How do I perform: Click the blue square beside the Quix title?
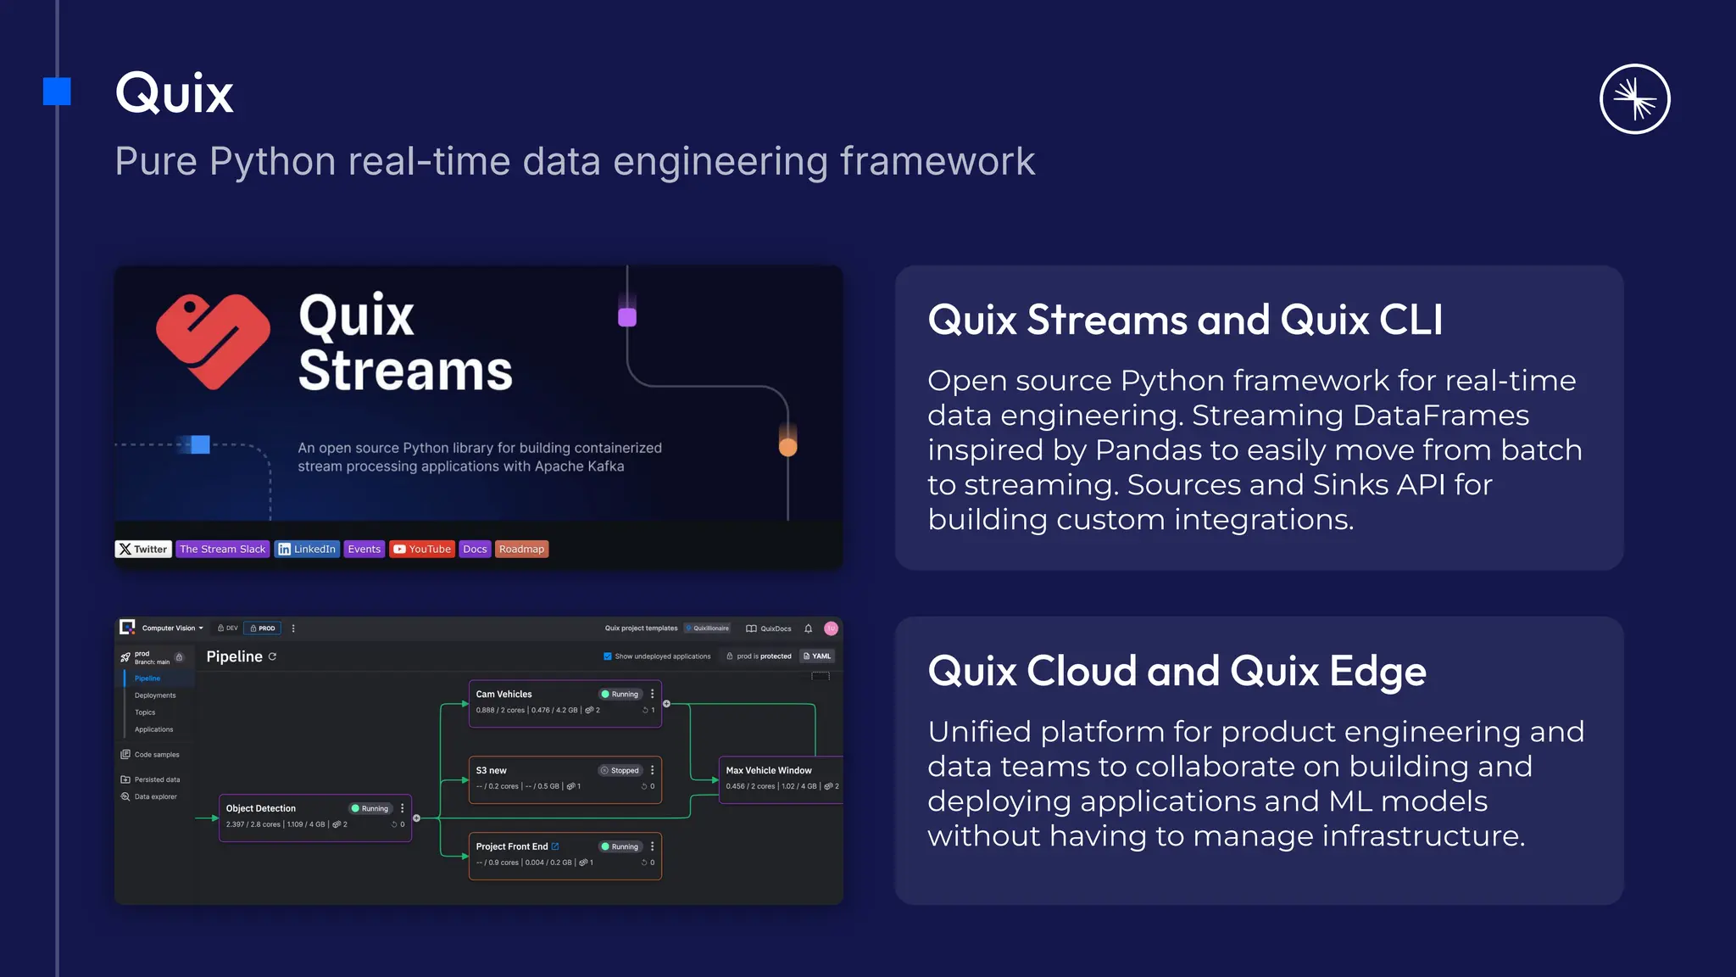click(x=57, y=92)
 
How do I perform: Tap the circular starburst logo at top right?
click(x=1634, y=99)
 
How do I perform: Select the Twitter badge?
click(x=143, y=549)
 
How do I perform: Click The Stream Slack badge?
click(x=222, y=549)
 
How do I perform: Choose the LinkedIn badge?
click(x=307, y=549)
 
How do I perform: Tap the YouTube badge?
click(x=422, y=549)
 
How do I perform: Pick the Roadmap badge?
click(x=521, y=549)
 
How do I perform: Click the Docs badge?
click(x=475, y=549)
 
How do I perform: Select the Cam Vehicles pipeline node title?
click(x=504, y=694)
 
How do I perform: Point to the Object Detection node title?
click(x=260, y=808)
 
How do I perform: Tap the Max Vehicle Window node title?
click(x=768, y=770)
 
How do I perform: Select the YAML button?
click(x=817, y=656)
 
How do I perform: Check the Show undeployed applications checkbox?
click(x=607, y=656)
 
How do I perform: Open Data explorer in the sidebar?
click(x=155, y=796)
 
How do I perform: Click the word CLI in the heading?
click(x=1410, y=321)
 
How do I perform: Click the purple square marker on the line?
click(x=627, y=317)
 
